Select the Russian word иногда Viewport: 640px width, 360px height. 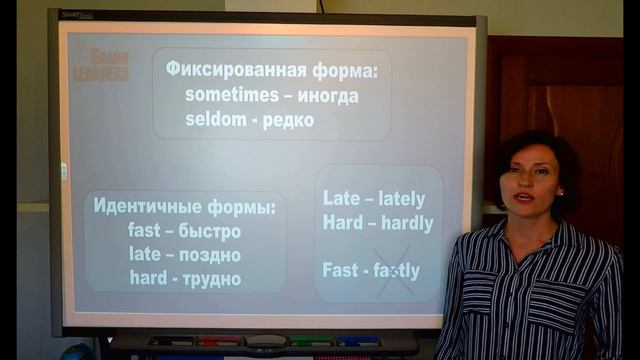(x=323, y=97)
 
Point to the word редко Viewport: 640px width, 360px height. (x=290, y=120)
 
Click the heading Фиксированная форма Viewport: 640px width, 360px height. (x=272, y=72)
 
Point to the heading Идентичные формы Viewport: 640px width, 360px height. (x=185, y=207)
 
